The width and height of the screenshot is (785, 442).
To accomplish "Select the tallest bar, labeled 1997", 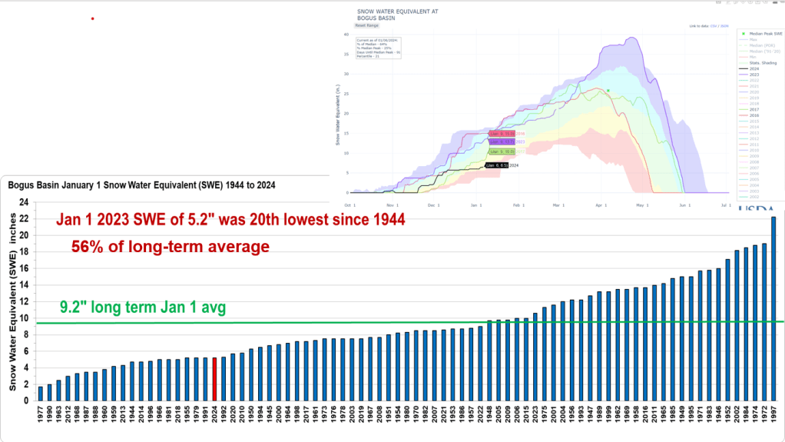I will coord(773,308).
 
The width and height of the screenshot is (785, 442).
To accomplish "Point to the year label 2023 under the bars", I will coord(535,414).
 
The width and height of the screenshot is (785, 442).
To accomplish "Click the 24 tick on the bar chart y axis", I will coord(24,202).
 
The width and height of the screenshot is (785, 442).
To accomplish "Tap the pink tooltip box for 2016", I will coord(498,133).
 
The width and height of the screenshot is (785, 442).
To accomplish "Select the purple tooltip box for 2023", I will coord(498,142).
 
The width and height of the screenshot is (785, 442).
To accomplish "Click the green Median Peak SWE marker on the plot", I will coord(608,91).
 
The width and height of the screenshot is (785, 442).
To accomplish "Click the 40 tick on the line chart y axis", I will coord(347,35).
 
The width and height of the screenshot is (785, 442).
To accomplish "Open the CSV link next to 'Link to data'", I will coord(711,26).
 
